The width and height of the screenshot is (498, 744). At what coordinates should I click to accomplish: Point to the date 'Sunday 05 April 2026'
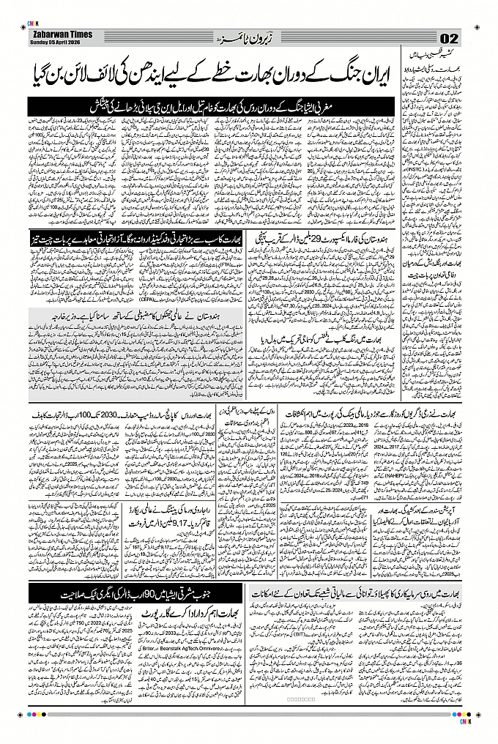(56, 41)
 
